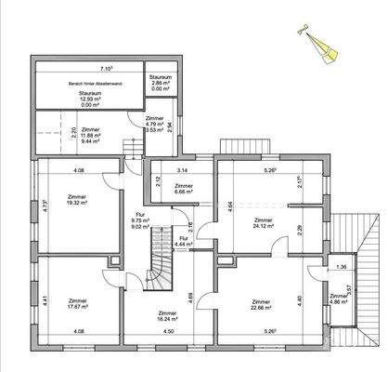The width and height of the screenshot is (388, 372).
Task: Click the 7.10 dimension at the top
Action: tap(107, 68)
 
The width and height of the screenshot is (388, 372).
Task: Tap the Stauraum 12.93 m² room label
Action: tap(90, 99)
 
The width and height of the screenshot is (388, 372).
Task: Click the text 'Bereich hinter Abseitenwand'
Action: tap(89, 85)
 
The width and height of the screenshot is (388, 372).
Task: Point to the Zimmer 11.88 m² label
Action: tap(90, 136)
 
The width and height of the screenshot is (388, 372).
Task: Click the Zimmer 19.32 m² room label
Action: tap(79, 202)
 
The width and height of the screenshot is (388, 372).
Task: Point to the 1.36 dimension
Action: tap(341, 268)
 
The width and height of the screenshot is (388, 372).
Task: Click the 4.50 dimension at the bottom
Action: tap(168, 333)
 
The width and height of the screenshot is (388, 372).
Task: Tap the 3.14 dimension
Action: tap(183, 171)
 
